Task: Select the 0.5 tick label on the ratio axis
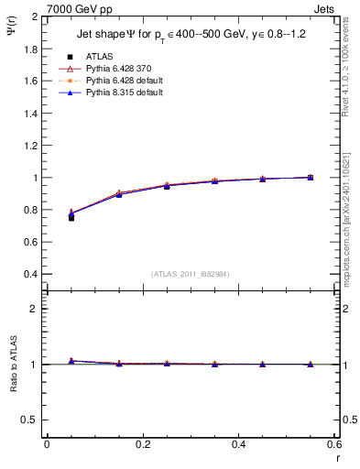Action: coord(28,420)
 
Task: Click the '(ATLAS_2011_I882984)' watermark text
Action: coord(190,274)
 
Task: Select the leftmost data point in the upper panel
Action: coord(71,216)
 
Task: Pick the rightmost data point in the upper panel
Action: coord(310,177)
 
